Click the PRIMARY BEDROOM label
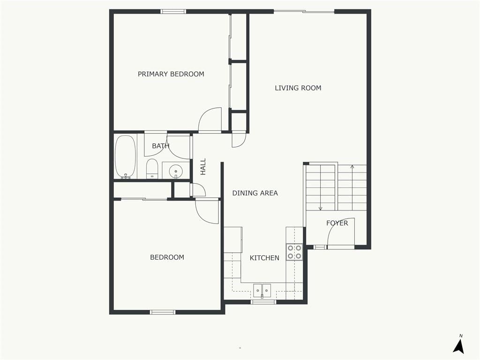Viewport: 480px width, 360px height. tap(171, 74)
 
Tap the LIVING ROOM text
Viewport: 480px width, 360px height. tap(298, 88)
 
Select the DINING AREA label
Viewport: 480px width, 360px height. tap(255, 193)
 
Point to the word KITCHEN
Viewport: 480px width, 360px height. tap(264, 258)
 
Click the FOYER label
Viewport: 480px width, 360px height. tap(337, 223)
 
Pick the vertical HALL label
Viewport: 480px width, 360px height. tap(203, 166)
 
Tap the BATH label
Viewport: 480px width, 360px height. tap(161, 146)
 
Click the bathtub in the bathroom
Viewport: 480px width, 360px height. tap(125, 157)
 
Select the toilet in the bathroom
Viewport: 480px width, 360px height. tap(152, 168)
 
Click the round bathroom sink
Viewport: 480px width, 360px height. tap(176, 171)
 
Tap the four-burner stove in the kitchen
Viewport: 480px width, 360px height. tap(294, 252)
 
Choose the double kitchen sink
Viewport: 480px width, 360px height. tap(262, 290)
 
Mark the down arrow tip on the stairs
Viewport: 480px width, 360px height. tap(321, 210)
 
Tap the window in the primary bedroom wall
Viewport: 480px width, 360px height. tap(173, 12)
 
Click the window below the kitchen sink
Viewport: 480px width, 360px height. tap(263, 302)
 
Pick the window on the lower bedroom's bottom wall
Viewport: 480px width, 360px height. tap(163, 312)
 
